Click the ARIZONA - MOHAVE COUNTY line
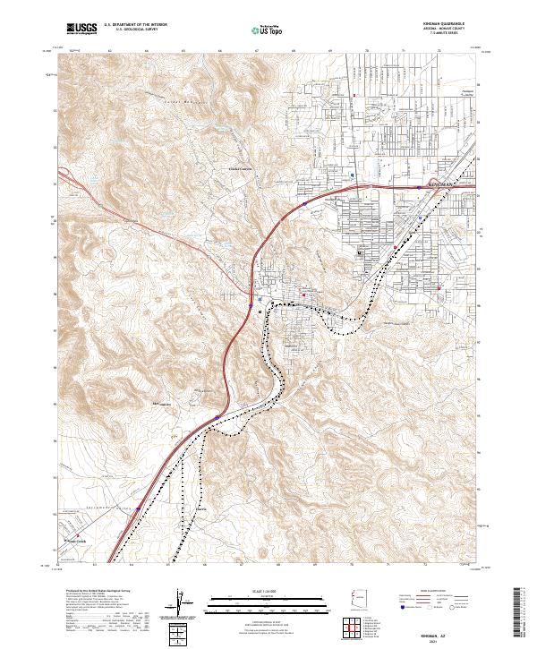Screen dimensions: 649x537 click(x=446, y=30)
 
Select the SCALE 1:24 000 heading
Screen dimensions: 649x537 click(x=268, y=588)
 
